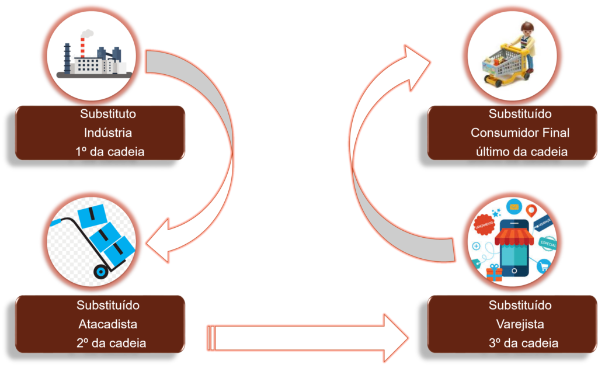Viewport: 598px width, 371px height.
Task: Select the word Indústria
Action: [108, 133]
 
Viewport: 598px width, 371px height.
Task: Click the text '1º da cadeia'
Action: [110, 151]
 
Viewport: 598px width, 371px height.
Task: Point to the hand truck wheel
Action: [101, 271]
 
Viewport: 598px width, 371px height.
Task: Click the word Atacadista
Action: [108, 324]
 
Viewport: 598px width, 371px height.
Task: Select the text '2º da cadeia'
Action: [110, 342]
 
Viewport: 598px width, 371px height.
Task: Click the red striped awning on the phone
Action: [514, 237]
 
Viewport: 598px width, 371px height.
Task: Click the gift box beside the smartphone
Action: [494, 272]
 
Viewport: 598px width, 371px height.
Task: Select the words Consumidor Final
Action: [520, 133]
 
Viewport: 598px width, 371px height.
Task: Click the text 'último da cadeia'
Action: [521, 151]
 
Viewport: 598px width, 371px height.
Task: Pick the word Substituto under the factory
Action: [108, 114]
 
